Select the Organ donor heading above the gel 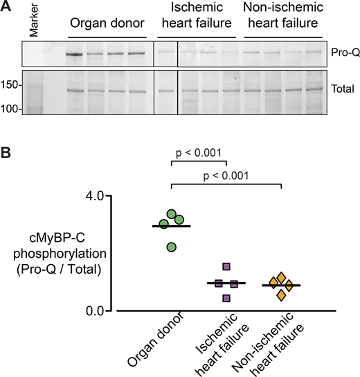pyautogui.click(x=107, y=24)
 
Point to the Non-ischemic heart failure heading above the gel pyautogui.click(x=282, y=17)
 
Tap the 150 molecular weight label pyautogui.click(x=12, y=86)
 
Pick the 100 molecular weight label pyautogui.click(x=12, y=109)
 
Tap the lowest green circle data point pyautogui.click(x=172, y=246)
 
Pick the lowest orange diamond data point pyautogui.click(x=282, y=296)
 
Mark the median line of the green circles pyautogui.click(x=172, y=226)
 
